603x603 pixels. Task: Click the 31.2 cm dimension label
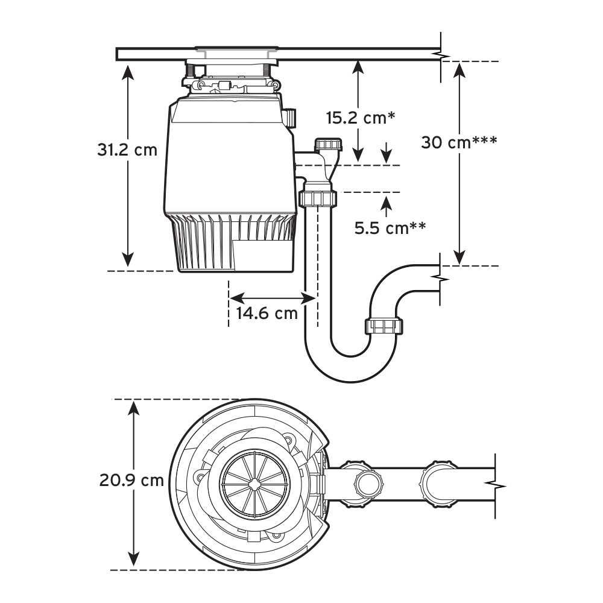click(127, 149)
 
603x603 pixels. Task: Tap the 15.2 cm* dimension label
click(361, 117)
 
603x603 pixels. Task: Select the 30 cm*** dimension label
click(458, 142)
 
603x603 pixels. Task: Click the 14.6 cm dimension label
click(267, 314)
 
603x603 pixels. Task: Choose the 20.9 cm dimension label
click(131, 481)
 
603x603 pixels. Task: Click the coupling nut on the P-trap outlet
click(384, 326)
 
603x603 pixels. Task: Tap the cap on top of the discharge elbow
click(327, 145)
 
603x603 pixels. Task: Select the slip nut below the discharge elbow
click(317, 198)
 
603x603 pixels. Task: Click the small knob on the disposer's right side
click(291, 117)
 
